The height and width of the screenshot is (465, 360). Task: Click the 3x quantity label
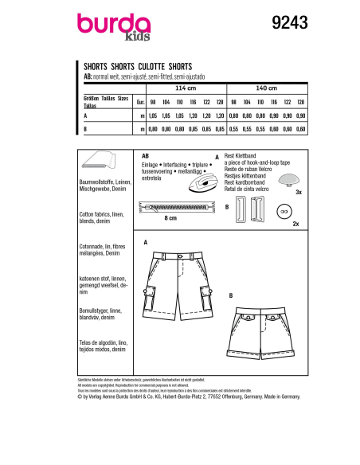point(298,192)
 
